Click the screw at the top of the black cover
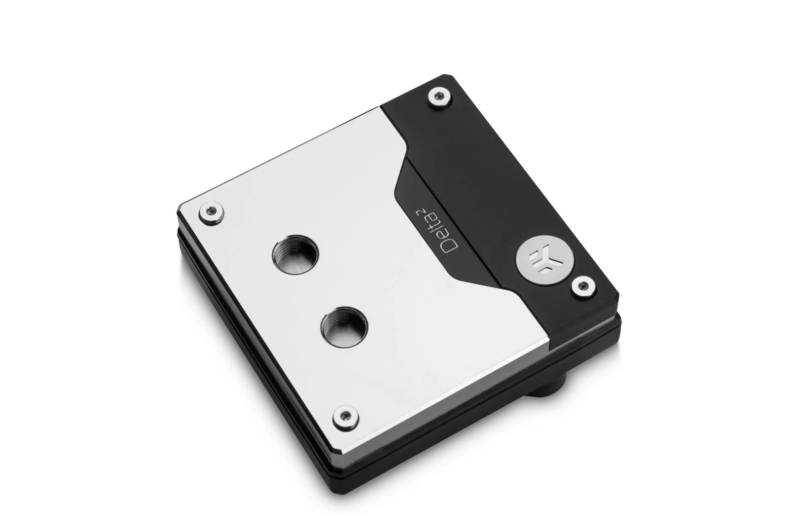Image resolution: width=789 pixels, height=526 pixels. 439,96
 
